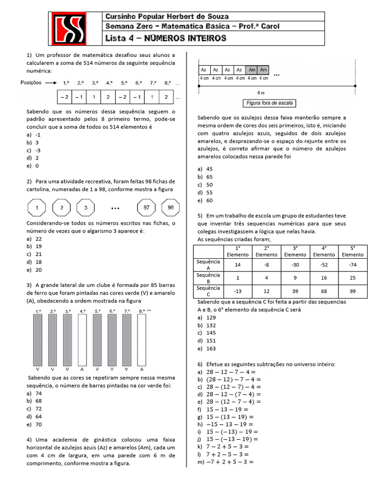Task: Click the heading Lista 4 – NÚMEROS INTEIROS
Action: tap(166, 38)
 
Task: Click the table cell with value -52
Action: tap(324, 265)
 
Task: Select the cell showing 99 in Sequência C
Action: tap(352, 291)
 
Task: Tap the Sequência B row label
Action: tap(208, 278)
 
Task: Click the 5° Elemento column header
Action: tap(352, 251)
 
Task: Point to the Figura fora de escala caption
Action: tap(270, 103)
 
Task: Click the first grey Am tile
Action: tap(252, 70)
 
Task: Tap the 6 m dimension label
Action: tap(261, 92)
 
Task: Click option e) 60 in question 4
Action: tap(206, 200)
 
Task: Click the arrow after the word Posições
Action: tap(51, 83)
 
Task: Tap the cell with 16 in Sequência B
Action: tap(324, 278)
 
